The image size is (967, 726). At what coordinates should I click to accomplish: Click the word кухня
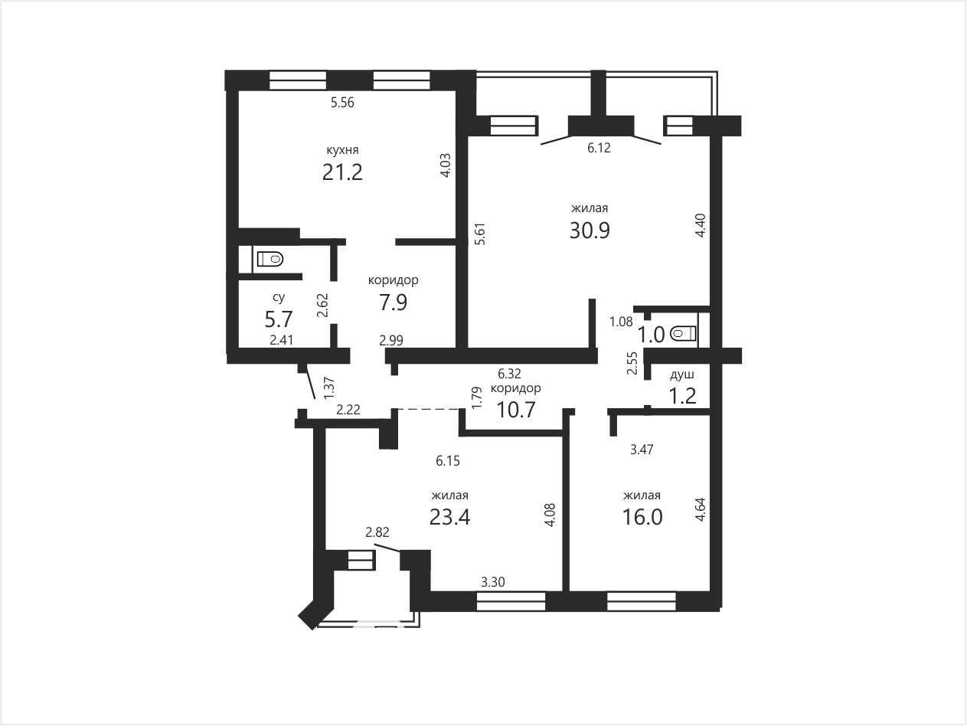click(x=342, y=150)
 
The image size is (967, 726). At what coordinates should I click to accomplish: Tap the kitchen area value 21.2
click(x=342, y=172)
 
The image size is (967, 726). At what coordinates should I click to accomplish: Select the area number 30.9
click(x=590, y=230)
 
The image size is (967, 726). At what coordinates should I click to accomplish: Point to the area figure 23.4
click(x=449, y=517)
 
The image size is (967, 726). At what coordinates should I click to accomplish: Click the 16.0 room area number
click(x=642, y=517)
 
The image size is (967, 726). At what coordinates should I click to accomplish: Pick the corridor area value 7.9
click(x=393, y=302)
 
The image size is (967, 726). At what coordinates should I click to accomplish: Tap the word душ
click(x=682, y=375)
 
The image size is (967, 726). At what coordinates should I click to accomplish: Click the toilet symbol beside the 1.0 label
click(x=683, y=334)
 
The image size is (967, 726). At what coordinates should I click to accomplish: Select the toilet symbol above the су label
click(x=270, y=259)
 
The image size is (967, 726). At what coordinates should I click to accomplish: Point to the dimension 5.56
click(x=342, y=103)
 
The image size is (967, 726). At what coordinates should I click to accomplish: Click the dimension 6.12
click(x=599, y=148)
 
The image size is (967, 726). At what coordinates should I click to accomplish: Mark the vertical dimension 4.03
click(x=446, y=165)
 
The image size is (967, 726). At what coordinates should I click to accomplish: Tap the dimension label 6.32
click(x=509, y=374)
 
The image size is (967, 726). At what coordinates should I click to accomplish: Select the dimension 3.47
click(x=642, y=450)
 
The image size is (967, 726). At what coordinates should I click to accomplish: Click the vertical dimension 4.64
click(x=700, y=510)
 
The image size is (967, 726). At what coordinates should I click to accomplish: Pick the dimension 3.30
click(x=493, y=582)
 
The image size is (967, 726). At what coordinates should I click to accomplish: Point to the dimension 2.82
click(x=377, y=532)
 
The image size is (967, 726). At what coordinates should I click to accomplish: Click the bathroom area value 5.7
click(x=279, y=319)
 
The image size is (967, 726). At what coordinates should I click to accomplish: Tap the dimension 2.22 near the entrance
click(x=348, y=410)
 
